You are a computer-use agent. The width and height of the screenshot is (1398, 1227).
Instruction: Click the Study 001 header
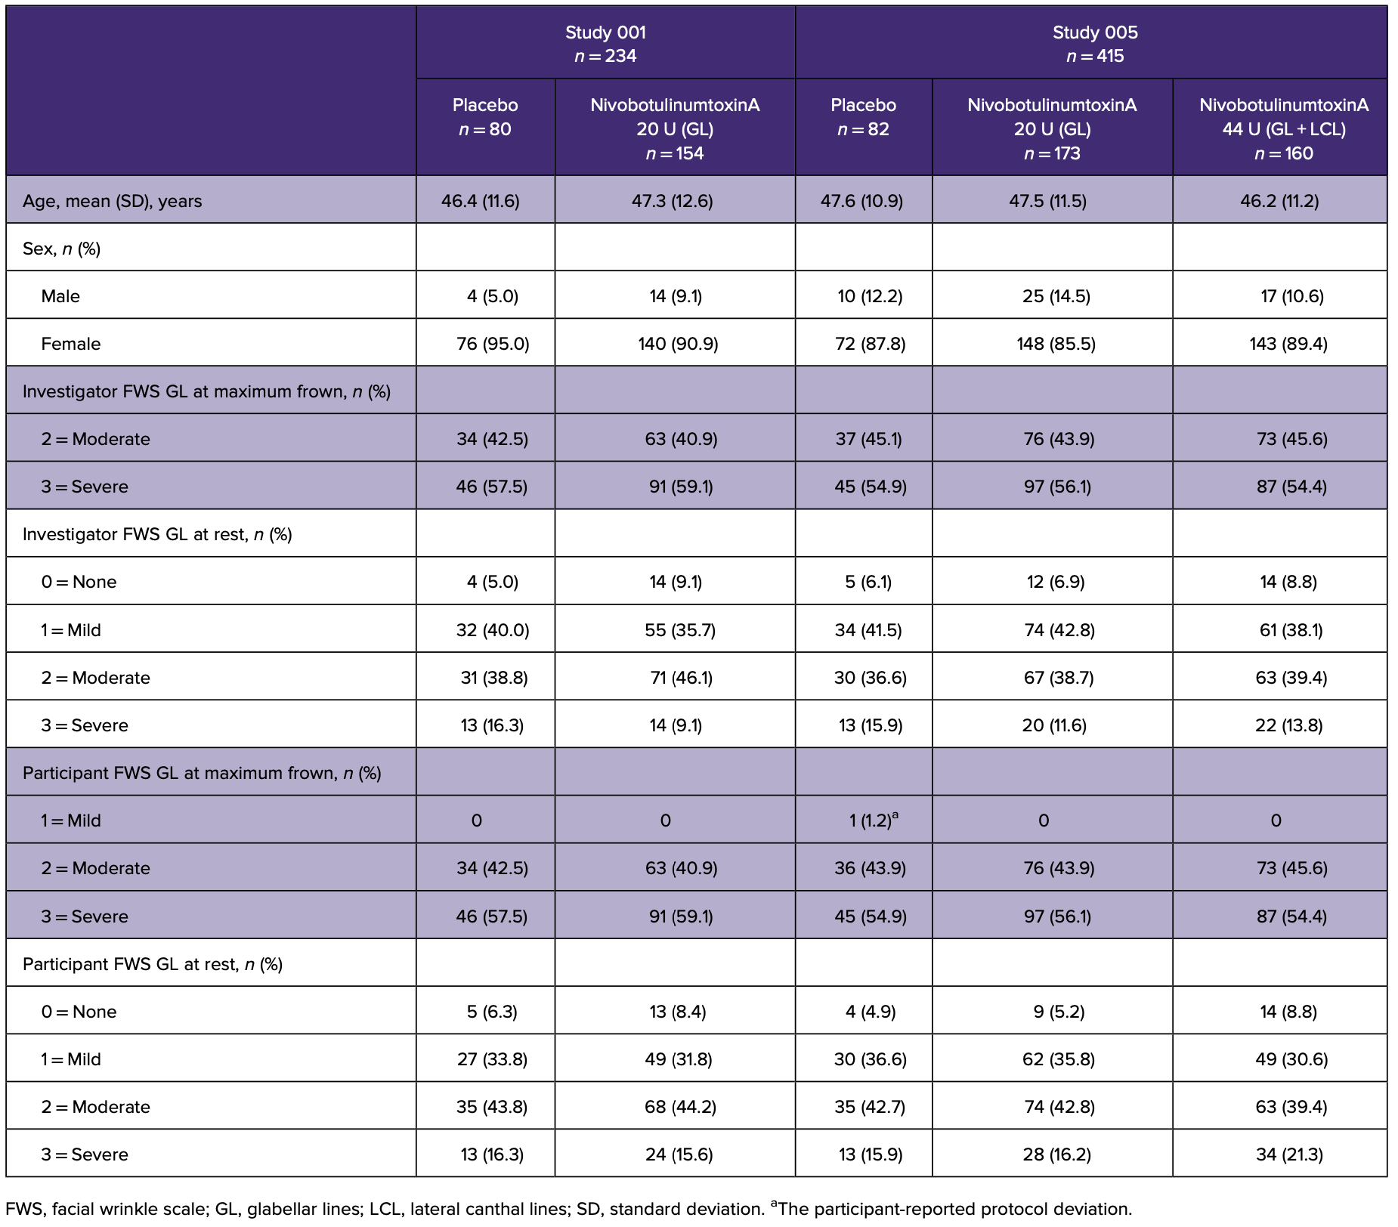pos(605,44)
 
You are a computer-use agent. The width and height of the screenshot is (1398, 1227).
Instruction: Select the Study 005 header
pos(1094,44)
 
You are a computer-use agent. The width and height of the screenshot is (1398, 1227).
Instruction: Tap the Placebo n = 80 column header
pos(485,117)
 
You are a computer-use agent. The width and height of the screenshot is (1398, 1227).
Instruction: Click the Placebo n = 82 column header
pos(863,117)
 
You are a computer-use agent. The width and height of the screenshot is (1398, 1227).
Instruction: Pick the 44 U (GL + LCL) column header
pos(1283,128)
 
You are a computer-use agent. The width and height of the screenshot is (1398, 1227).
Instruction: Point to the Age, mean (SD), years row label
pos(113,201)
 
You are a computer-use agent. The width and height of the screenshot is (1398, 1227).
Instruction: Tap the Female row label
pos(71,344)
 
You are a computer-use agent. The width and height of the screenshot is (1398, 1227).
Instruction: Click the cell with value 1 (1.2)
pos(872,821)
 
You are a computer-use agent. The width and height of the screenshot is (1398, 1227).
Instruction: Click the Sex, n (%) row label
pos(62,249)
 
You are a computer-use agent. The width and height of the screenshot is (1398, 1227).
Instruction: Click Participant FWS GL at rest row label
pos(153,964)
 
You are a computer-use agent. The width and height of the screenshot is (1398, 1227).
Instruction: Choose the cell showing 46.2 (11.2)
pos(1279,201)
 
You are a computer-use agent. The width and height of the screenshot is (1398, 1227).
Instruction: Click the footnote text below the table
pos(568,1209)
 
